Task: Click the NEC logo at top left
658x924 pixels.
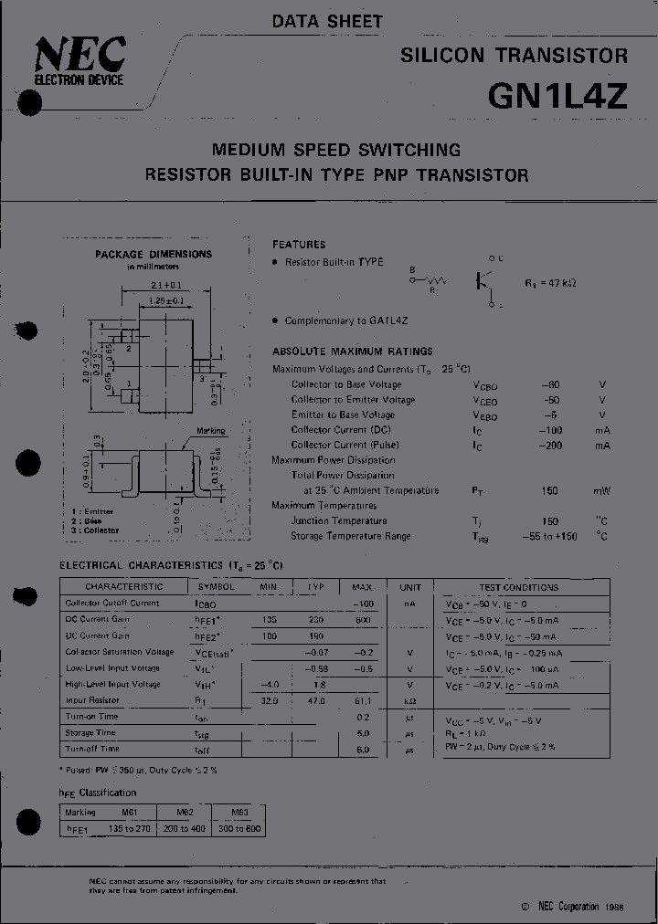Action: pos(79,62)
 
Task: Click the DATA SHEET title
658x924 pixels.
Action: pos(327,21)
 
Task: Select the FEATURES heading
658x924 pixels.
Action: pos(299,245)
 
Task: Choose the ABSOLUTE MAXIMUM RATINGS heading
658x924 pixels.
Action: pos(353,352)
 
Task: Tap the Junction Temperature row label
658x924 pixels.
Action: pos(339,520)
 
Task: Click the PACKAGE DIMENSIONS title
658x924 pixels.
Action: pos(154,255)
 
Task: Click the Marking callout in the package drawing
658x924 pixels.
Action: pos(211,431)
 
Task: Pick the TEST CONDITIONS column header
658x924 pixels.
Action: pos(518,587)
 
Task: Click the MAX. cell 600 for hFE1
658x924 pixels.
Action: pos(363,619)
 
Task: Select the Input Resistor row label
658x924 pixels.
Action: pos(92,700)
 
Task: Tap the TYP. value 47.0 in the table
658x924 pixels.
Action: pos(316,700)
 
